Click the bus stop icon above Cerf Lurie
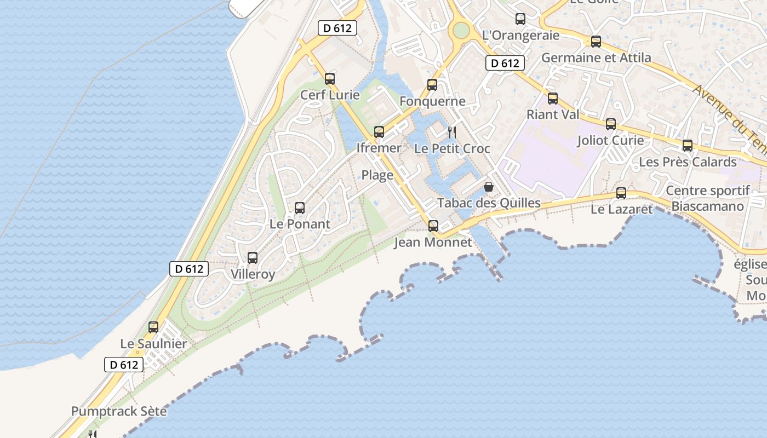(x=329, y=79)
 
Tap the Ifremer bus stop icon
(x=379, y=132)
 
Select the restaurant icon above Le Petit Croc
(x=452, y=132)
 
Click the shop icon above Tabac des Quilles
(x=489, y=187)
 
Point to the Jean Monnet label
(x=433, y=242)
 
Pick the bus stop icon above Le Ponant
(x=300, y=208)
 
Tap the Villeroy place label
(x=253, y=274)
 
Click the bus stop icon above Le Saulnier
(x=153, y=327)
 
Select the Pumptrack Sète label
(x=119, y=411)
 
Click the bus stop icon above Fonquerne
(x=432, y=85)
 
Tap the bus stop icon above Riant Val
(x=553, y=99)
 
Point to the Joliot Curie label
(x=610, y=141)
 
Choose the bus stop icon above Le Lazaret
(x=621, y=193)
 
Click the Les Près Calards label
(x=688, y=162)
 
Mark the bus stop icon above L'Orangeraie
(x=520, y=19)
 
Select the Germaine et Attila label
(x=596, y=57)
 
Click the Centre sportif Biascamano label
(x=707, y=198)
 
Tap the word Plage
(x=377, y=175)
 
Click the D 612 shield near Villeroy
(x=189, y=269)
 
